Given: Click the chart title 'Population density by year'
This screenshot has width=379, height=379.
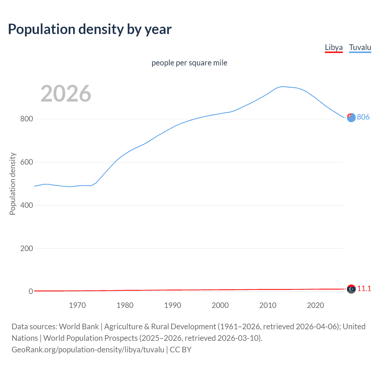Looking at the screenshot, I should [90, 29].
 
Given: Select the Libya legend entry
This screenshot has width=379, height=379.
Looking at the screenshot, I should [334, 47].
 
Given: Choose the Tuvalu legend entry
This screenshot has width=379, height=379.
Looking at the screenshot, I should [360, 47].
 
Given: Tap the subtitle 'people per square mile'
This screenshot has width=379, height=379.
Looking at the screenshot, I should [189, 63].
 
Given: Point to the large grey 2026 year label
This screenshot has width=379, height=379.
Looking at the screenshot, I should [66, 94].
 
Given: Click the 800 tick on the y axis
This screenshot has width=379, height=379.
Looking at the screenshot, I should [26, 119].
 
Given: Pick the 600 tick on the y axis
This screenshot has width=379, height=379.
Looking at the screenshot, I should [26, 162].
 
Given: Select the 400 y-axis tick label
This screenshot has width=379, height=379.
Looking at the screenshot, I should [26, 205].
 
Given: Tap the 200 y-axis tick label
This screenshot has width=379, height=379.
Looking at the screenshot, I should [26, 248].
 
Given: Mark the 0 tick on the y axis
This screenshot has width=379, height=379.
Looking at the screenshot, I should [31, 291].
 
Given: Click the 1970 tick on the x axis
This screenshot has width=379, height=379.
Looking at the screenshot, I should [77, 305].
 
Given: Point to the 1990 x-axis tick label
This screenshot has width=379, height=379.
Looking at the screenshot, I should [173, 305].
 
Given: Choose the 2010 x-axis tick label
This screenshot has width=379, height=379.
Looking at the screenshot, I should [268, 305].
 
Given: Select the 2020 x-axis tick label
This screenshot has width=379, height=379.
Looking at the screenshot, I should [315, 305].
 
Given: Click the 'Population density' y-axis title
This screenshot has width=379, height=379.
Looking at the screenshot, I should [12, 184].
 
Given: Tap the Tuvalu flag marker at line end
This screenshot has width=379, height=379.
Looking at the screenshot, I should [351, 118].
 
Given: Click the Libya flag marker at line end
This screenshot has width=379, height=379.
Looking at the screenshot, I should [351, 289].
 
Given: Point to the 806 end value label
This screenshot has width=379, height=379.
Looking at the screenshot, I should [363, 117].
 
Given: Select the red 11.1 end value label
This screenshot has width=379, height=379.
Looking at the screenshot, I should [364, 289].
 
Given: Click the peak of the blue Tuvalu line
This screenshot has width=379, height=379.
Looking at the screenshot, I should [282, 86].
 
